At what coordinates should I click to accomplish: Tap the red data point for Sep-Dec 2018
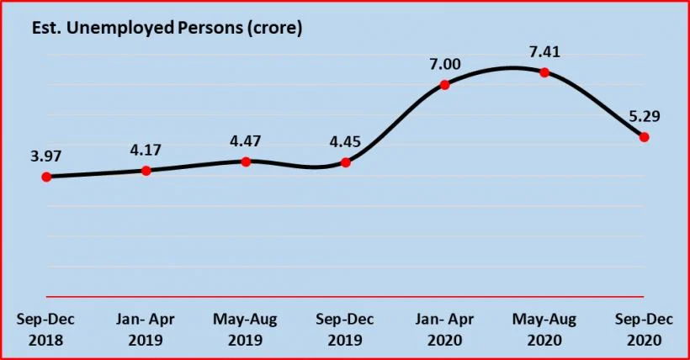[x=46, y=177]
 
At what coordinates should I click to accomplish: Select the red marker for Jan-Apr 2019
[x=146, y=171]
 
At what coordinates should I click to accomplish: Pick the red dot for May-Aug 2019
[x=246, y=161]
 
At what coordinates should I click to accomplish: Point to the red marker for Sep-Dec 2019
[x=345, y=161]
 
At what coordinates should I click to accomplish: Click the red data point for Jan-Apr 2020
[x=445, y=84]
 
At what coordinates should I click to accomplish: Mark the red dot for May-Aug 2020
[x=544, y=72]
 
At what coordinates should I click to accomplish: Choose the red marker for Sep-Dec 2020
[x=644, y=137]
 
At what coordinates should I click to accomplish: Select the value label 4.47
[x=245, y=140]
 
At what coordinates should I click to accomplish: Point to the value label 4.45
[x=344, y=141]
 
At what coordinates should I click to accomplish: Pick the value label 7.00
[x=444, y=64]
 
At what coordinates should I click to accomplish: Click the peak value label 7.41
[x=544, y=52]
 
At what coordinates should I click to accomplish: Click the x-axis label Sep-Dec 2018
[x=46, y=330]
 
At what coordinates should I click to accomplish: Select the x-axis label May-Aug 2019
[x=246, y=330]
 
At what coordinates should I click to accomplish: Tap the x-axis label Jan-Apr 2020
[x=445, y=330]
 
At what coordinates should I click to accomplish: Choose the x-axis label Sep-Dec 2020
[x=644, y=330]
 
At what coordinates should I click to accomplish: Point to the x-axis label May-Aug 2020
[x=544, y=330]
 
